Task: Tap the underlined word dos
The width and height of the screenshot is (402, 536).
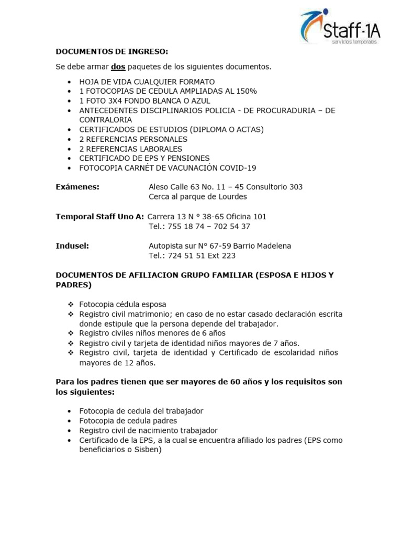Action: pyautogui.click(x=118, y=67)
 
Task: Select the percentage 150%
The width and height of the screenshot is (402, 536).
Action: pyautogui.click(x=242, y=92)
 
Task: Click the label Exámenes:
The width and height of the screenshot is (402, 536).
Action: pyautogui.click(x=77, y=187)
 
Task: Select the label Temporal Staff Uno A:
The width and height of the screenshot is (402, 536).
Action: pyautogui.click(x=99, y=216)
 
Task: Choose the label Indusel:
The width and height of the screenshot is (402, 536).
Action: pyautogui.click(x=72, y=245)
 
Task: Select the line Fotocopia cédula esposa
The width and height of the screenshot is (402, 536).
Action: pyautogui.click(x=122, y=304)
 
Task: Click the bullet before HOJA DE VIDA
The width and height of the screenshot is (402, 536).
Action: pyautogui.click(x=71, y=82)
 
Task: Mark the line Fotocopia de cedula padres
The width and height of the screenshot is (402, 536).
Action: pyautogui.click(x=128, y=420)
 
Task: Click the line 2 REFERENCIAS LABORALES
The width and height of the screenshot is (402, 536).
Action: pyautogui.click(x=131, y=149)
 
